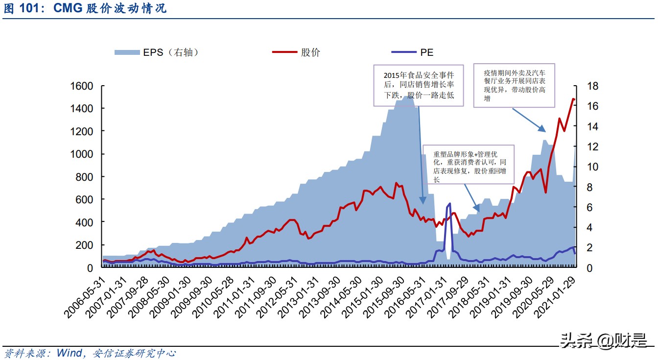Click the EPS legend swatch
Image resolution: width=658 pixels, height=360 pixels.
[x=127, y=52]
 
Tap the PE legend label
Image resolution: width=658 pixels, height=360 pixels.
[x=426, y=52]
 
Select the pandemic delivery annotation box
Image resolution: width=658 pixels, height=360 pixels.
[x=514, y=85]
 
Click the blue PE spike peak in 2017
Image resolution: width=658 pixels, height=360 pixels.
[x=449, y=204]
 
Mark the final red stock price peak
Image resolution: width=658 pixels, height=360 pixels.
[x=573, y=99]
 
